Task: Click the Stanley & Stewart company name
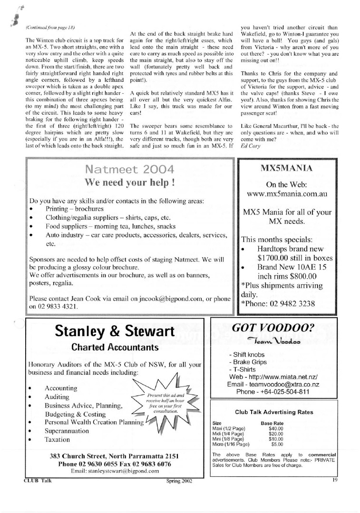[x=115, y=330]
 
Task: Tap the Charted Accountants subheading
[x=115, y=348]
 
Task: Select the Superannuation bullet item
[x=67, y=431]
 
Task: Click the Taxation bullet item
[x=57, y=440]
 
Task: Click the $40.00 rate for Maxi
[x=276, y=428]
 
